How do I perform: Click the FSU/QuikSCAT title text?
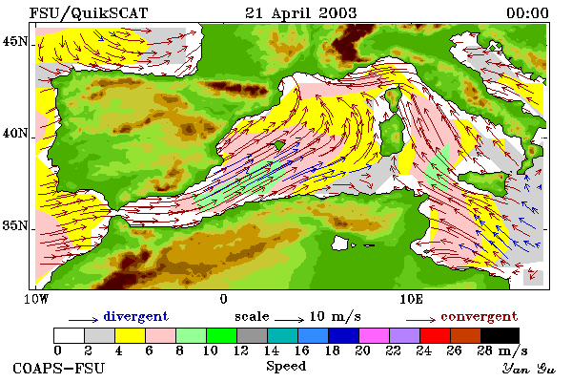(89, 13)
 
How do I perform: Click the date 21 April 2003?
(300, 13)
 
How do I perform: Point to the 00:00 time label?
(527, 13)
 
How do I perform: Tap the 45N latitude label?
(14, 41)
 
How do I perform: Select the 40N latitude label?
(14, 134)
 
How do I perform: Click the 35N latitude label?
(14, 225)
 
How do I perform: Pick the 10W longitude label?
(36, 299)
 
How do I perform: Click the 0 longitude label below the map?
(224, 299)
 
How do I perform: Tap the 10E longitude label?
(412, 299)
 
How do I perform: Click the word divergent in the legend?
(136, 316)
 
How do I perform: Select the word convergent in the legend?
(480, 316)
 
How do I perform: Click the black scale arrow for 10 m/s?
(289, 320)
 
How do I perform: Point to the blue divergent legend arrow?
(84, 320)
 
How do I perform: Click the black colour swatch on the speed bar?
(500, 335)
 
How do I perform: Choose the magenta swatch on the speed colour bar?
(375, 335)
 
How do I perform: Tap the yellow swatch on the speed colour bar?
(131, 335)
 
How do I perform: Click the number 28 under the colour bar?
(485, 350)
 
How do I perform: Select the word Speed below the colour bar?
(286, 367)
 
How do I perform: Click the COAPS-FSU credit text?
(59, 368)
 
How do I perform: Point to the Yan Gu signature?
(528, 369)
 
